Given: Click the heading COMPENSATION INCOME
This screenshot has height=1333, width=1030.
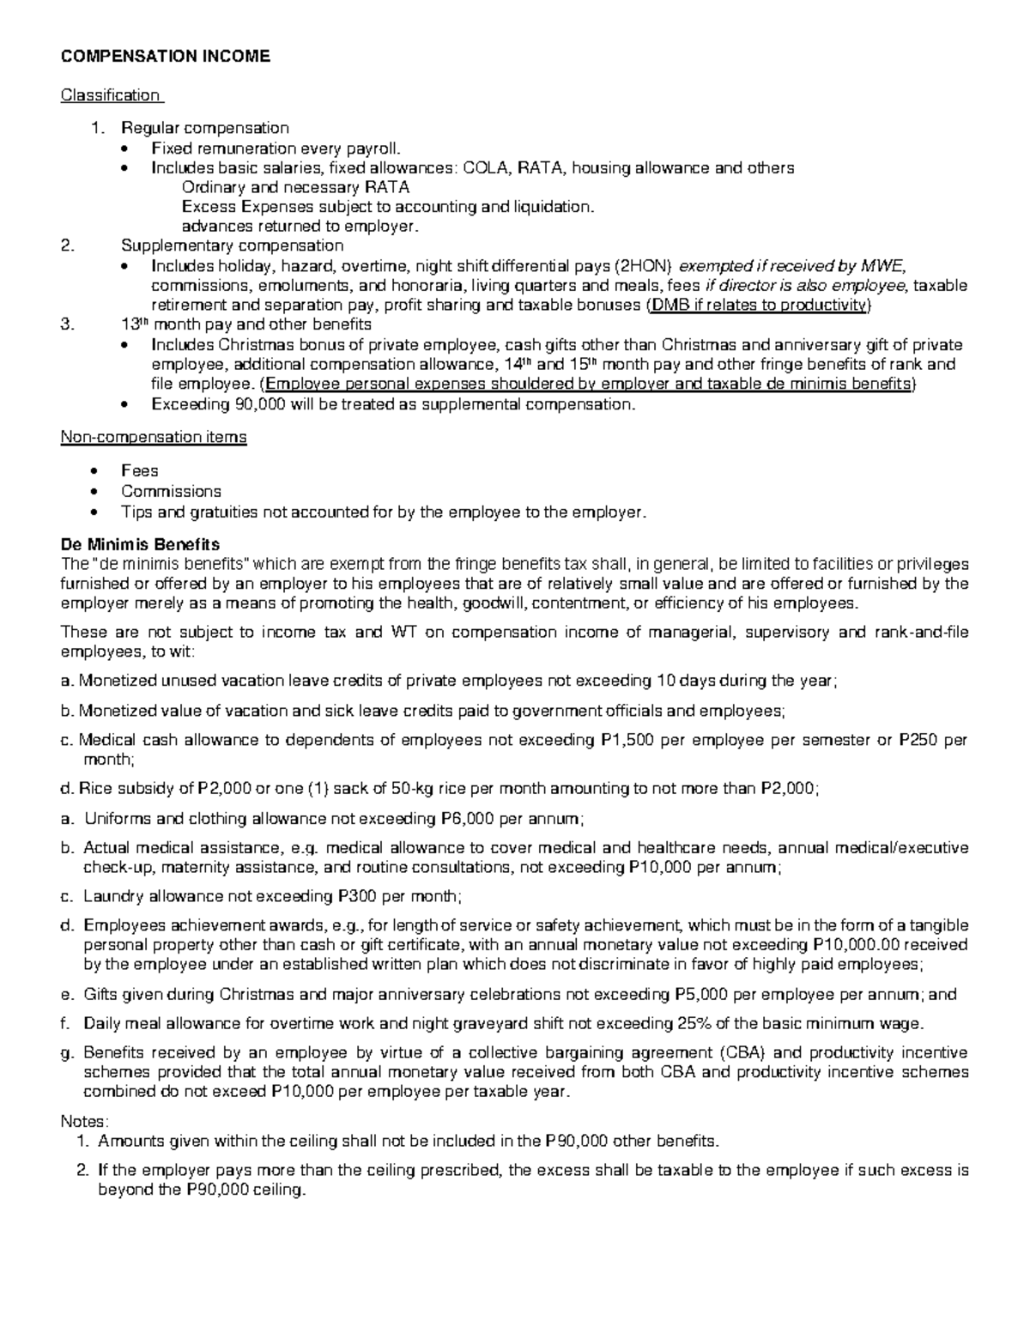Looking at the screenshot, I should coord(165,57).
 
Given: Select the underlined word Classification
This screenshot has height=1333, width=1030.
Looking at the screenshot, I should coord(110,94).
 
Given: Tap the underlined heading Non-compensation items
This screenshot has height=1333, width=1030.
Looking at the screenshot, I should coord(154,437).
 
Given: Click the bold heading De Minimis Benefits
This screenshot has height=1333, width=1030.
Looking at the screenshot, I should coord(140,544).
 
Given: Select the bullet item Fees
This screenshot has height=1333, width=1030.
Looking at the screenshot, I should coord(139,470).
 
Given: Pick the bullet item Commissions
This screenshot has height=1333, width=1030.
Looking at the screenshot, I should coord(171,491).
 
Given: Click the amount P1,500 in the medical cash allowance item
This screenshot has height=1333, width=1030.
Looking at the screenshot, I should coord(624,741).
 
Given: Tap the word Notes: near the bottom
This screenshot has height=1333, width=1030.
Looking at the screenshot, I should coord(84,1121).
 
